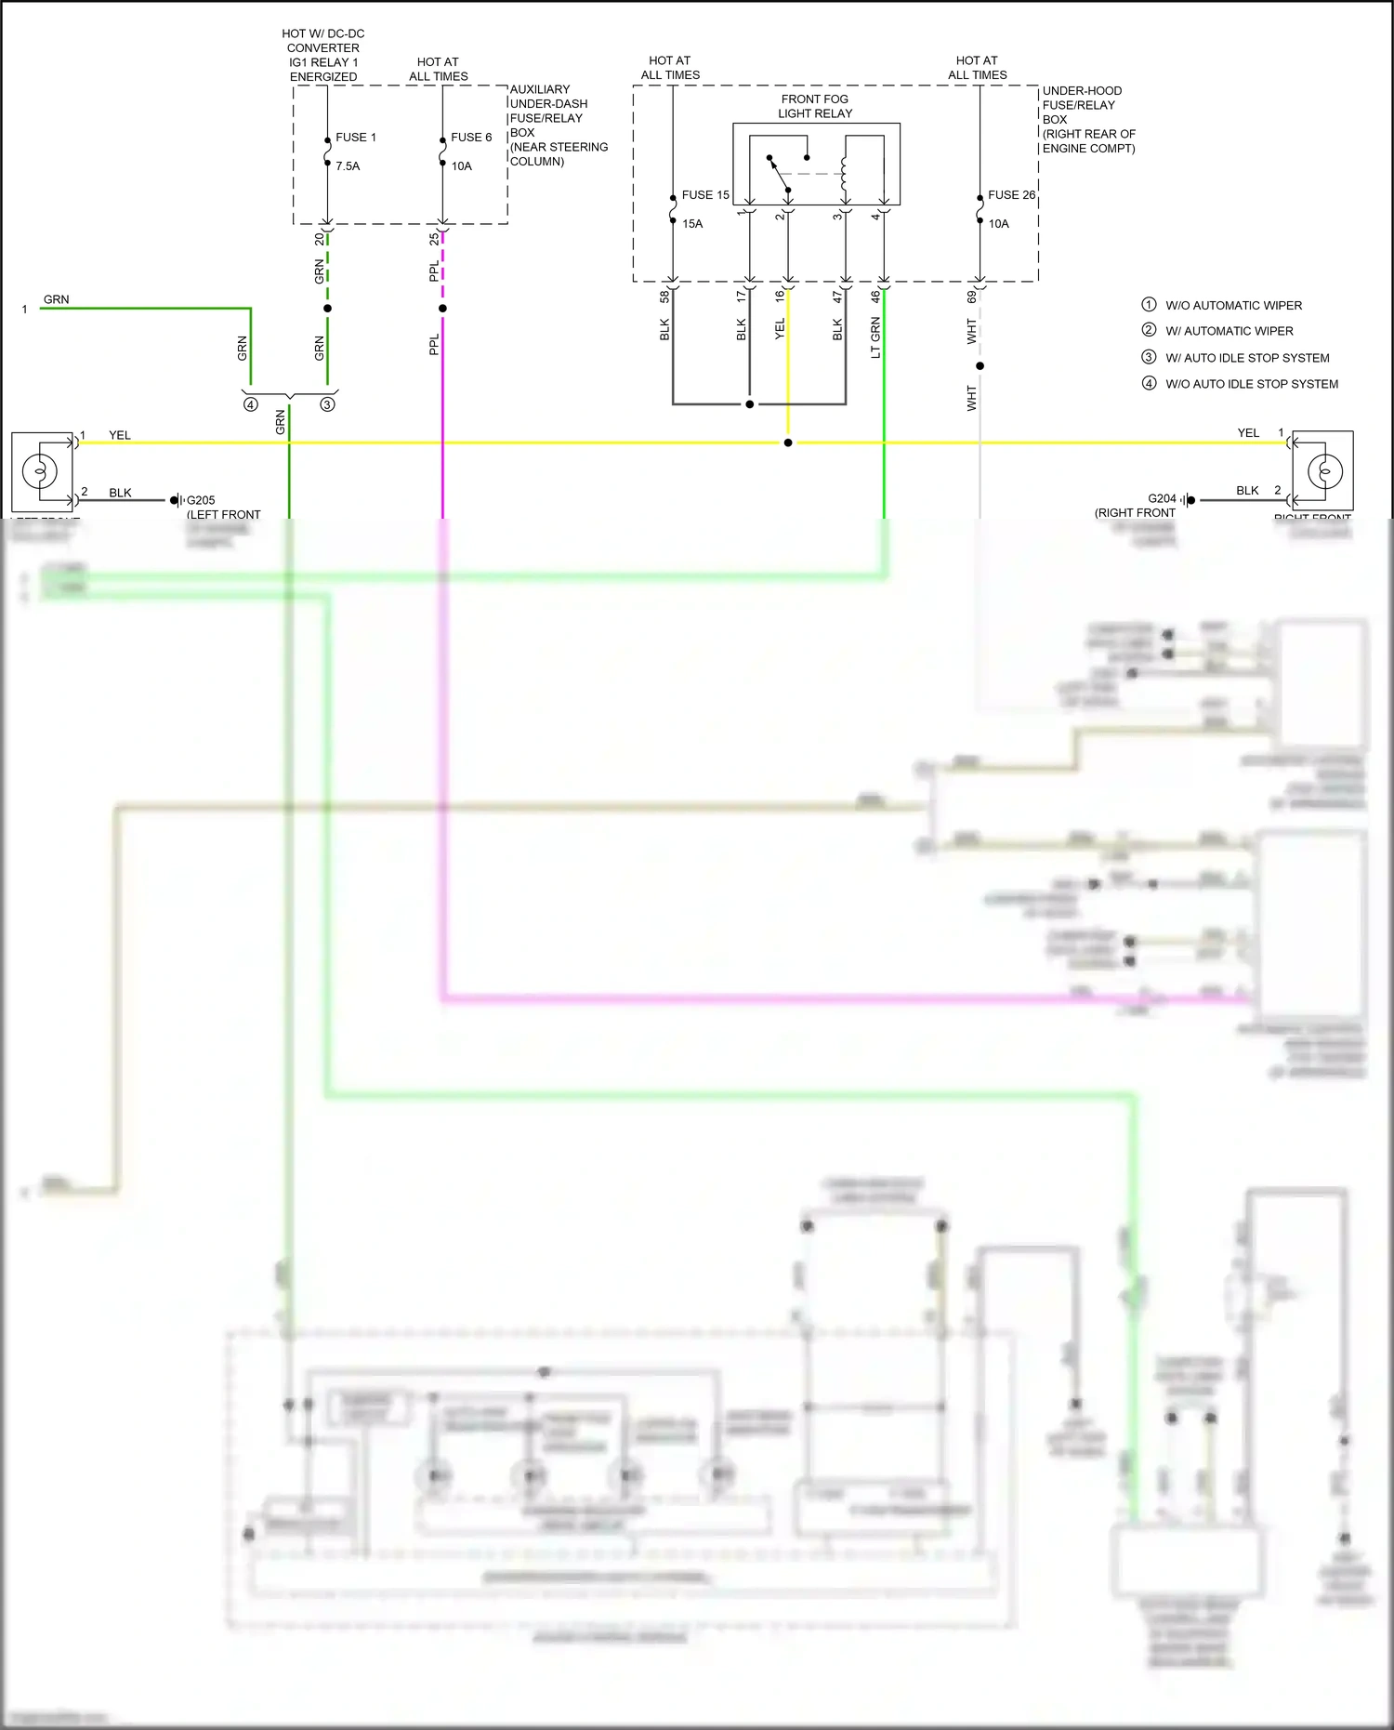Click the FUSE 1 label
(355, 138)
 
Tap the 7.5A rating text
(348, 166)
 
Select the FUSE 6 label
(471, 138)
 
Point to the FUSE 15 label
(705, 195)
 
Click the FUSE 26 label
(1011, 195)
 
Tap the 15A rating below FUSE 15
(692, 224)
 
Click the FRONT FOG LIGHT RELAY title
(814, 106)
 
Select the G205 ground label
(201, 500)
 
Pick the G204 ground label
(1162, 498)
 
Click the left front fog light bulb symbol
(40, 470)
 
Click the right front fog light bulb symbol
(1324, 471)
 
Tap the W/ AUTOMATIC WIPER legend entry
(1229, 331)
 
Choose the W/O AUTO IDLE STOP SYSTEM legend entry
(1251, 384)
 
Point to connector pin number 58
(664, 297)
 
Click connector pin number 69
(971, 297)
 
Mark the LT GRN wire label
(875, 337)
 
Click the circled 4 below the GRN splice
(250, 404)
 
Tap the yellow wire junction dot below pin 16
(788, 442)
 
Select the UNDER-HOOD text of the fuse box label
(1082, 91)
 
